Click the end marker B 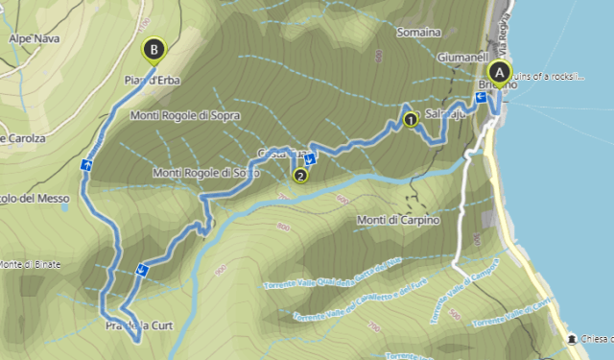[x=153, y=48]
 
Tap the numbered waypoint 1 [x=411, y=120]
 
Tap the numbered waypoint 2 [x=300, y=176]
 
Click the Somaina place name [x=418, y=32]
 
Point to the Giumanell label [x=462, y=57]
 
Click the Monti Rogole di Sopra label [x=185, y=116]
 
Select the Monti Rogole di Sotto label [x=206, y=173]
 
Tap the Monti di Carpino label [x=397, y=221]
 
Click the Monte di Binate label [x=28, y=264]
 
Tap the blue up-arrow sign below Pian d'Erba [x=87, y=165]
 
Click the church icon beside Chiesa [x=573, y=339]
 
